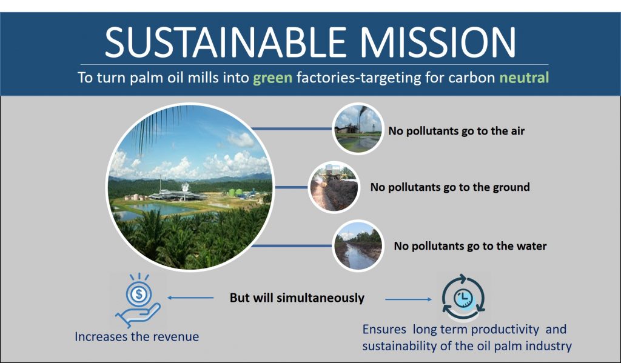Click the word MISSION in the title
(438, 42)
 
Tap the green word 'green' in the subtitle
(272, 78)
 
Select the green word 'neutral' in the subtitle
(524, 77)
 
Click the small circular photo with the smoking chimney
(358, 128)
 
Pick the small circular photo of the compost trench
(334, 187)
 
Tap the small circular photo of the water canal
(358, 246)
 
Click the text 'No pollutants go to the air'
(456, 131)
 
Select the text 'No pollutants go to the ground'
(450, 187)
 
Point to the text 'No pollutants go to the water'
(470, 246)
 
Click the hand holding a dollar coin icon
(138, 301)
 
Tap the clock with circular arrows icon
(463, 297)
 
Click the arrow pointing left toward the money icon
(190, 298)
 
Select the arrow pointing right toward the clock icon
(408, 299)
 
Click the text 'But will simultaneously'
(297, 298)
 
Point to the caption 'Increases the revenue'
(137, 336)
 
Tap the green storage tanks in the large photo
(236, 192)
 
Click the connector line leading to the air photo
(292, 128)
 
